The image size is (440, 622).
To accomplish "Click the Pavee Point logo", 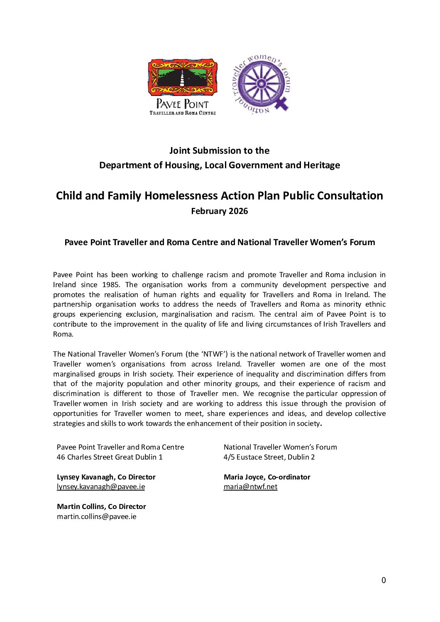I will pos(183,86).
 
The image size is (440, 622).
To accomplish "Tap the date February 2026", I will pos(220,211).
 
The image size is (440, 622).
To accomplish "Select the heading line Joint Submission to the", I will pos(220,150).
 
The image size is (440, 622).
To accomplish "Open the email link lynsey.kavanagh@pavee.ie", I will pos(101,487).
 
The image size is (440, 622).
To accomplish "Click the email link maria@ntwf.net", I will pos(250,487).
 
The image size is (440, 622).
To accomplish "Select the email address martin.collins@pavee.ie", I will pos(97,516).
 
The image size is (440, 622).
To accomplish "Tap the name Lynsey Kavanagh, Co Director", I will pos(106,477).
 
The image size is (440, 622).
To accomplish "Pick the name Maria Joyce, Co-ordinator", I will pos(267,477).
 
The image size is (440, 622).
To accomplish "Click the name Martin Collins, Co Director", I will pos(101,506).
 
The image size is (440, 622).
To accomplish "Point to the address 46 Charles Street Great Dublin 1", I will pos(110,457).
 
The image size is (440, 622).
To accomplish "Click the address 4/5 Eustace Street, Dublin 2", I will pos(269,457).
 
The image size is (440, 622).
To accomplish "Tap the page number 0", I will pos(384,580).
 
